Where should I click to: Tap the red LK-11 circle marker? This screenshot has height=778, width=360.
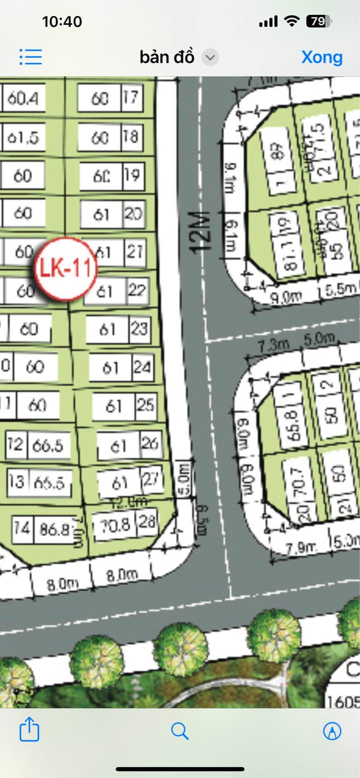[x=65, y=269]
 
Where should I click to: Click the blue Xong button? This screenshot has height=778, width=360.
[x=322, y=57]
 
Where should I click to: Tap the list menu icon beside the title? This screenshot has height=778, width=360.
[x=30, y=57]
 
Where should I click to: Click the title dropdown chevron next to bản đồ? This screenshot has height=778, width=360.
[x=210, y=57]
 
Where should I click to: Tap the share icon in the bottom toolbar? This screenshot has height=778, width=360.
[x=29, y=731]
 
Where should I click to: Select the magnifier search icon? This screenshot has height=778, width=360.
[x=179, y=731]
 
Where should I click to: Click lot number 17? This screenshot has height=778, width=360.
[x=131, y=97]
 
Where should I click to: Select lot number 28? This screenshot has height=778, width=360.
[x=146, y=523]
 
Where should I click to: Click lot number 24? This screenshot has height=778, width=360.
[x=142, y=367]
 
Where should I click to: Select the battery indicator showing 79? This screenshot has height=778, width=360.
[x=318, y=21]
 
